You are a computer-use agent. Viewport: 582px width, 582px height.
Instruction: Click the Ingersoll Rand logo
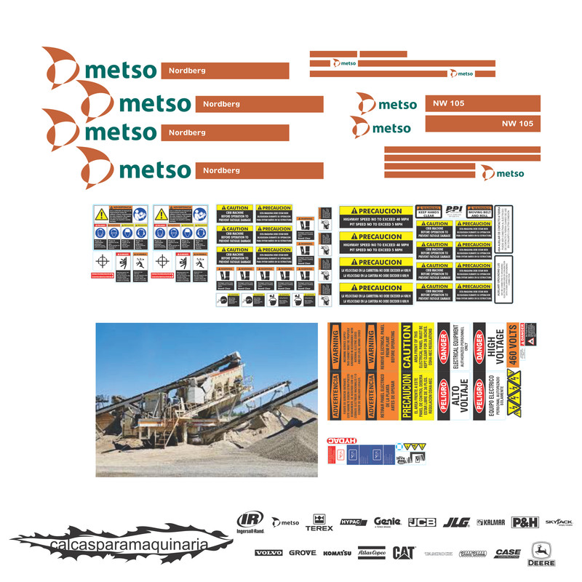(x=250, y=522)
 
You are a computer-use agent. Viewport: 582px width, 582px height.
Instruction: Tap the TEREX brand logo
(x=319, y=522)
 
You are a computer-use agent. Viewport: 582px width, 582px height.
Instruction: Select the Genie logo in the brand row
(x=387, y=522)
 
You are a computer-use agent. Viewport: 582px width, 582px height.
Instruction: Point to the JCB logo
(x=422, y=522)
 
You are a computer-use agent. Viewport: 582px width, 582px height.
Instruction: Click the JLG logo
(x=456, y=522)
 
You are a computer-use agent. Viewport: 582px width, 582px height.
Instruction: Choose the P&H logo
(x=525, y=522)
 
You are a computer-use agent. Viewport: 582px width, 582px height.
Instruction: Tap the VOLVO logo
(x=268, y=553)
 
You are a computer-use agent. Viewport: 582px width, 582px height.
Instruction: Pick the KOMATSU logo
(x=338, y=553)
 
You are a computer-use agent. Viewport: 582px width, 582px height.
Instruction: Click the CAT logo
(x=404, y=552)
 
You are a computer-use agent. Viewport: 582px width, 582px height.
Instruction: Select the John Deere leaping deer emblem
(x=542, y=550)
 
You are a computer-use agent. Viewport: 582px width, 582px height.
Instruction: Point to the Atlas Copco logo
(x=371, y=553)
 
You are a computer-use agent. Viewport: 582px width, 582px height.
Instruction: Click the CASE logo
(x=508, y=553)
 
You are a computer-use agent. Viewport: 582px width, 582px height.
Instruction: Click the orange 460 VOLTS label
(x=512, y=345)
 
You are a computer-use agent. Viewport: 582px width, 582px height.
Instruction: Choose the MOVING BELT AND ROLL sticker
(x=479, y=212)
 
